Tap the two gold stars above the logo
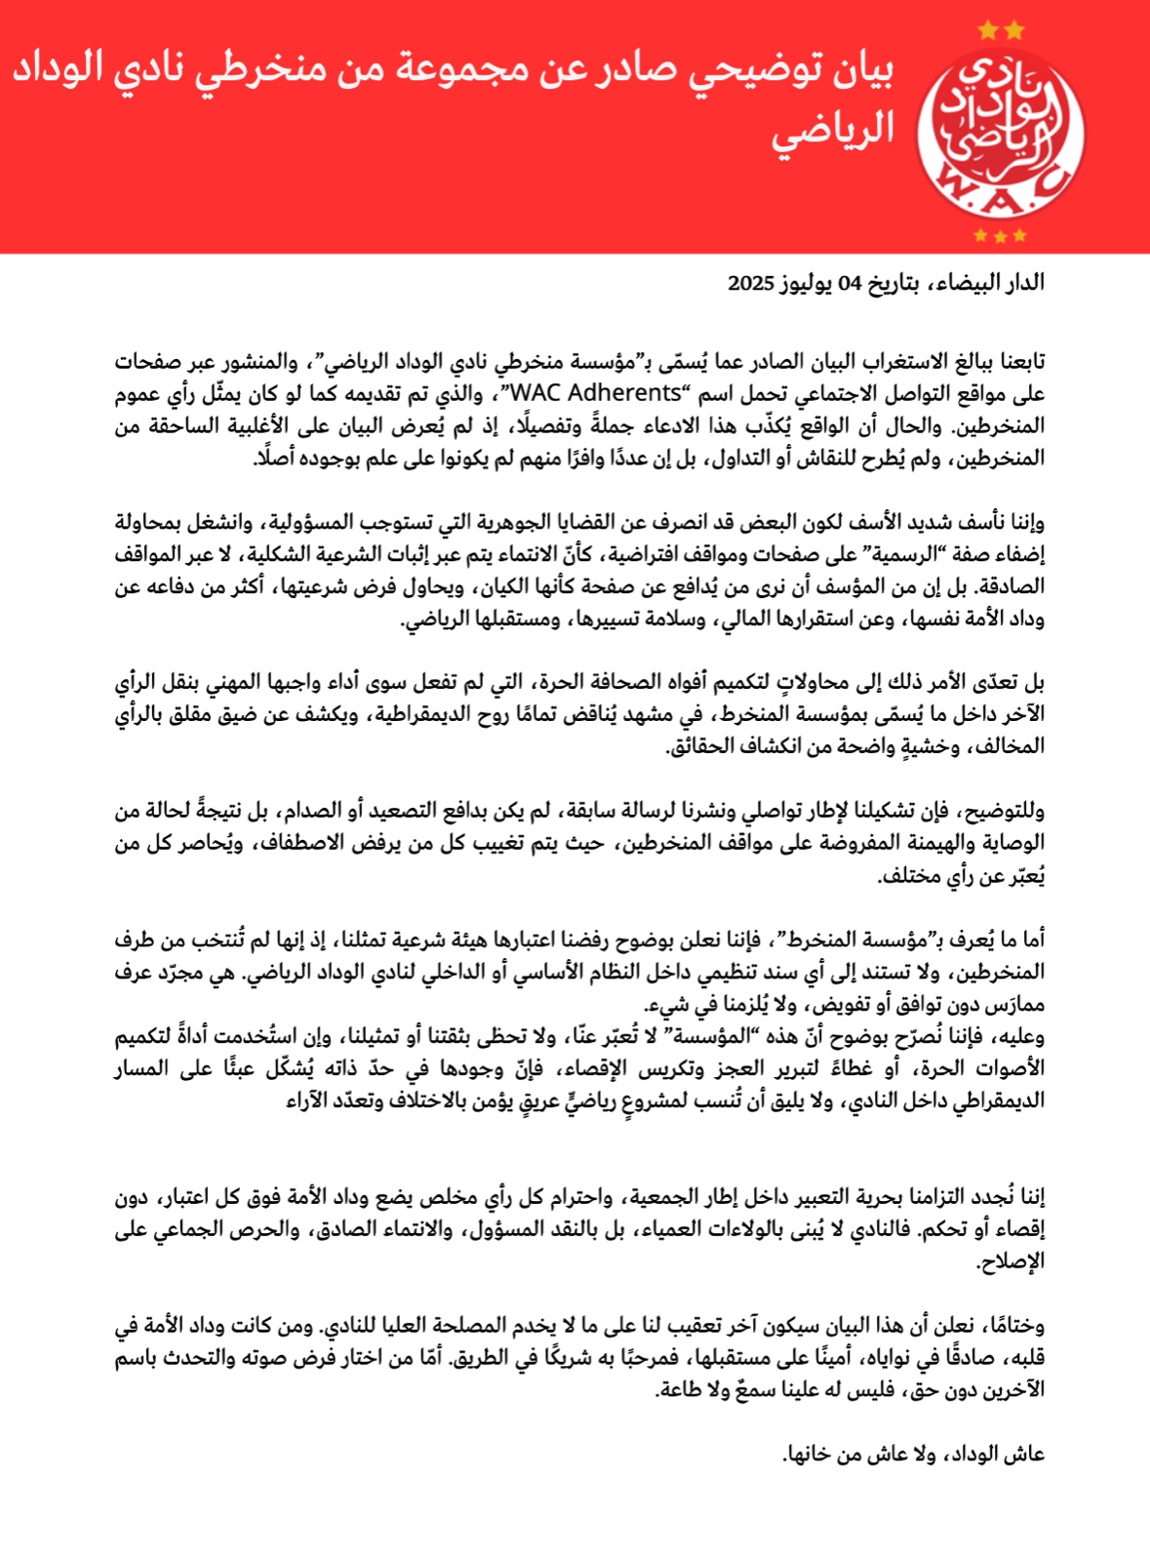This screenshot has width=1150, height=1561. (1001, 31)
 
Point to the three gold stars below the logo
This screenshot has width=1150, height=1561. (1001, 235)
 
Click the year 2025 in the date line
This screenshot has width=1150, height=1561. (750, 283)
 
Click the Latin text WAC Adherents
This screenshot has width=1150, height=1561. (595, 393)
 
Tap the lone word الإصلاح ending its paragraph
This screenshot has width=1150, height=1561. (1011, 1261)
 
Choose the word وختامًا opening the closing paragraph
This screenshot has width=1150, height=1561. (1011, 1326)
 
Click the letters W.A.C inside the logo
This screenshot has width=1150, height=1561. (1001, 187)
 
